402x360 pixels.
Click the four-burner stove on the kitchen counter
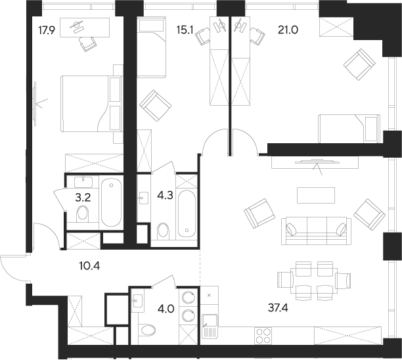[263, 334]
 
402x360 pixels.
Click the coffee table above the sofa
[311, 196]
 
